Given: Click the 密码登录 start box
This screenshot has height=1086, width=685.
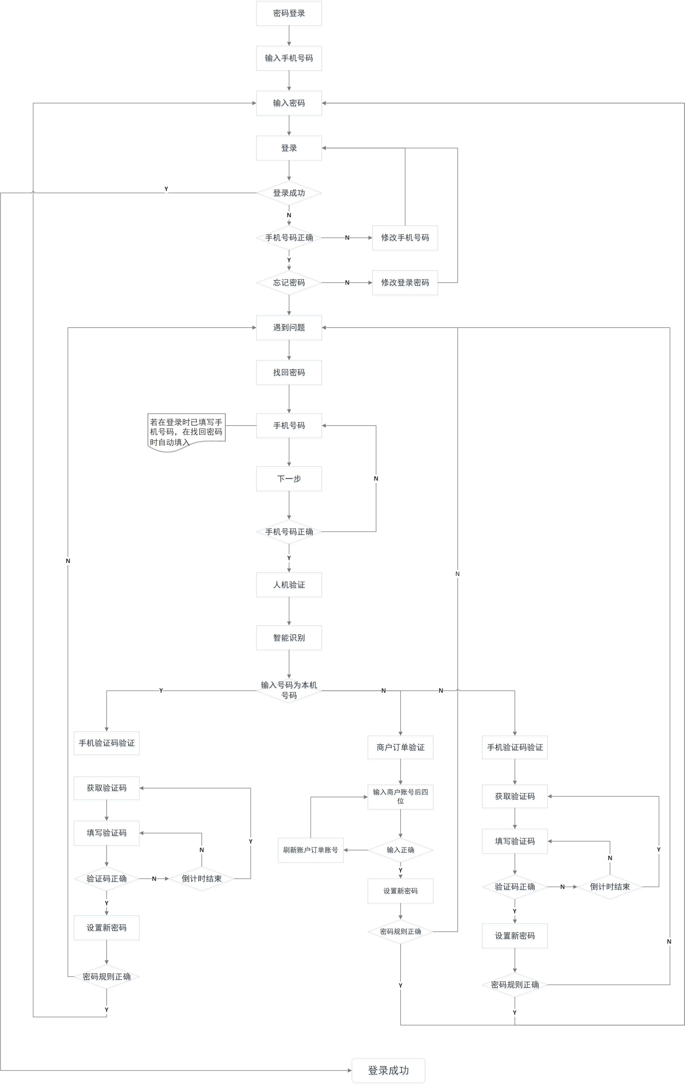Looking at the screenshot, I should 289,13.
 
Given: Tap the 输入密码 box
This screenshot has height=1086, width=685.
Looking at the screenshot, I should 289,103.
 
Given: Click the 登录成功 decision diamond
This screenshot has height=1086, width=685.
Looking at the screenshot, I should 289,193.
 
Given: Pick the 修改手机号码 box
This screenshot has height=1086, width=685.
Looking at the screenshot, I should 405,238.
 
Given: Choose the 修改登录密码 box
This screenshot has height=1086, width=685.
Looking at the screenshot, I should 405,283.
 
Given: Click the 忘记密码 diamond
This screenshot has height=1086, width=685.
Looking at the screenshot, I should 289,283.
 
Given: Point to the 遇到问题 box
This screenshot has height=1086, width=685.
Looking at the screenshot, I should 289,327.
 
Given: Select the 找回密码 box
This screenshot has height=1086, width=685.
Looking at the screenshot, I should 289,373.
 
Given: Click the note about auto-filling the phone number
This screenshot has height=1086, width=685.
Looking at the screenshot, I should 186,432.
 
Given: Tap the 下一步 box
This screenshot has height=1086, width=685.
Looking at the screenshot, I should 289,479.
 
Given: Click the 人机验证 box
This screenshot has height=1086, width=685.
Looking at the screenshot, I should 289,585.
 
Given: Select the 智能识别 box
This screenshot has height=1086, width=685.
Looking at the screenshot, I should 289,638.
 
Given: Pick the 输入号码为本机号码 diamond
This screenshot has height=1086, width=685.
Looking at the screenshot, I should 289,690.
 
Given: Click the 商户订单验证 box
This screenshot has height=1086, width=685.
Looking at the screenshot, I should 401,747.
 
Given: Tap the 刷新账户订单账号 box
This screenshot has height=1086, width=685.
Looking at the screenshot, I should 310,850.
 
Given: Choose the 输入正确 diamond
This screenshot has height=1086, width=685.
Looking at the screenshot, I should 401,850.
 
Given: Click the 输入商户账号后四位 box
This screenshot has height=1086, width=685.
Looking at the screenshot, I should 401,796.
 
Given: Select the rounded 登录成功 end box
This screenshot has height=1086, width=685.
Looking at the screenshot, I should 388,1070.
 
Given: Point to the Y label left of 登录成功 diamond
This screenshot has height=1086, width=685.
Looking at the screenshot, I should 166,189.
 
